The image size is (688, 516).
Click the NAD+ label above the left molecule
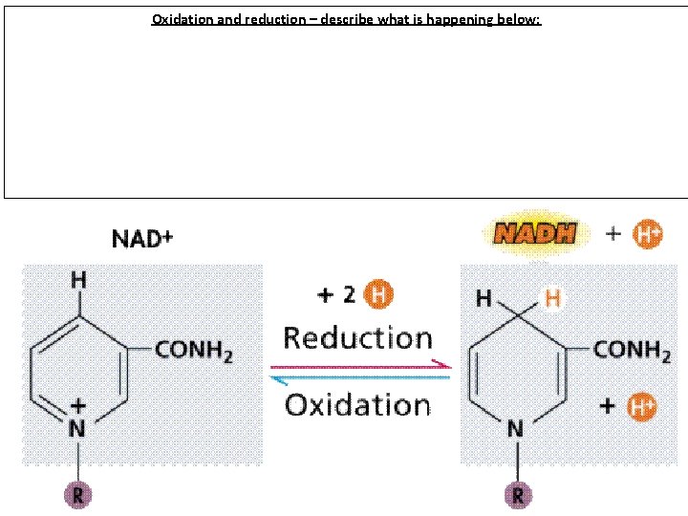click(142, 238)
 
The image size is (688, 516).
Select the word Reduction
click(357, 338)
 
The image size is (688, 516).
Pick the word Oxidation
click(357, 404)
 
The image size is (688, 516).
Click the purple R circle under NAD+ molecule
click(78, 495)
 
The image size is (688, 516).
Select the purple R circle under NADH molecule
click(517, 496)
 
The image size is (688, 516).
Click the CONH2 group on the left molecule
click(194, 352)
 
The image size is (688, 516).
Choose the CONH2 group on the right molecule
click(632, 350)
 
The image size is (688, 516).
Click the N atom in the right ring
click(516, 430)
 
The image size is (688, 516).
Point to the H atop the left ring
click(78, 280)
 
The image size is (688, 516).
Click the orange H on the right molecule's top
click(552, 299)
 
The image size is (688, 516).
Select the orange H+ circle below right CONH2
click(641, 406)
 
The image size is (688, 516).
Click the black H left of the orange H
click(484, 299)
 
